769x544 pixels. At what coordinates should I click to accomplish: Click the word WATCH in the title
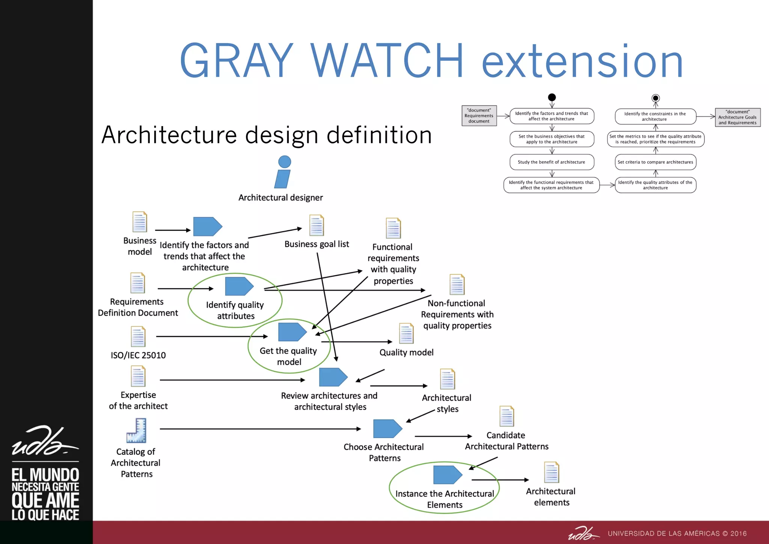[387, 61]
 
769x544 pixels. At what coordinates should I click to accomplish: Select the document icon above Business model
[140, 222]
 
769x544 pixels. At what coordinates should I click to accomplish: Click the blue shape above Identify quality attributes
[239, 286]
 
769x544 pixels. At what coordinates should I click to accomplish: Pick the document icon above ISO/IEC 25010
[138, 337]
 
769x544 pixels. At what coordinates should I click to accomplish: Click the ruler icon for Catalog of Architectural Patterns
[137, 431]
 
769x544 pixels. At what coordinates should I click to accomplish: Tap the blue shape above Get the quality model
[292, 332]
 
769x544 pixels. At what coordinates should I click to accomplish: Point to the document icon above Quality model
[406, 333]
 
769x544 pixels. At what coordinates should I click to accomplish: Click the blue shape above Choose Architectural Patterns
[387, 429]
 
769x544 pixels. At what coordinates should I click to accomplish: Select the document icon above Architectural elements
[552, 472]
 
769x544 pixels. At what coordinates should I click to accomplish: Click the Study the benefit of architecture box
[552, 162]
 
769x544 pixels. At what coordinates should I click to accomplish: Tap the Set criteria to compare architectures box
[655, 162]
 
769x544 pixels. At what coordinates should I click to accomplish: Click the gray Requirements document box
[479, 116]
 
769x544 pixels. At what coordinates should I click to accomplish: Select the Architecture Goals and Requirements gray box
[737, 117]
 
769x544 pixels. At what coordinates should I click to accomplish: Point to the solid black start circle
[552, 98]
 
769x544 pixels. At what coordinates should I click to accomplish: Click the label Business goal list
[317, 244]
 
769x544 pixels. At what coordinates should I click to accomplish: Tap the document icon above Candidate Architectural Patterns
[507, 416]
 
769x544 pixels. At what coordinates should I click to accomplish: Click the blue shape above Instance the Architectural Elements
[447, 475]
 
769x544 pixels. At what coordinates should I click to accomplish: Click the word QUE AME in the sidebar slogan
[45, 500]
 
